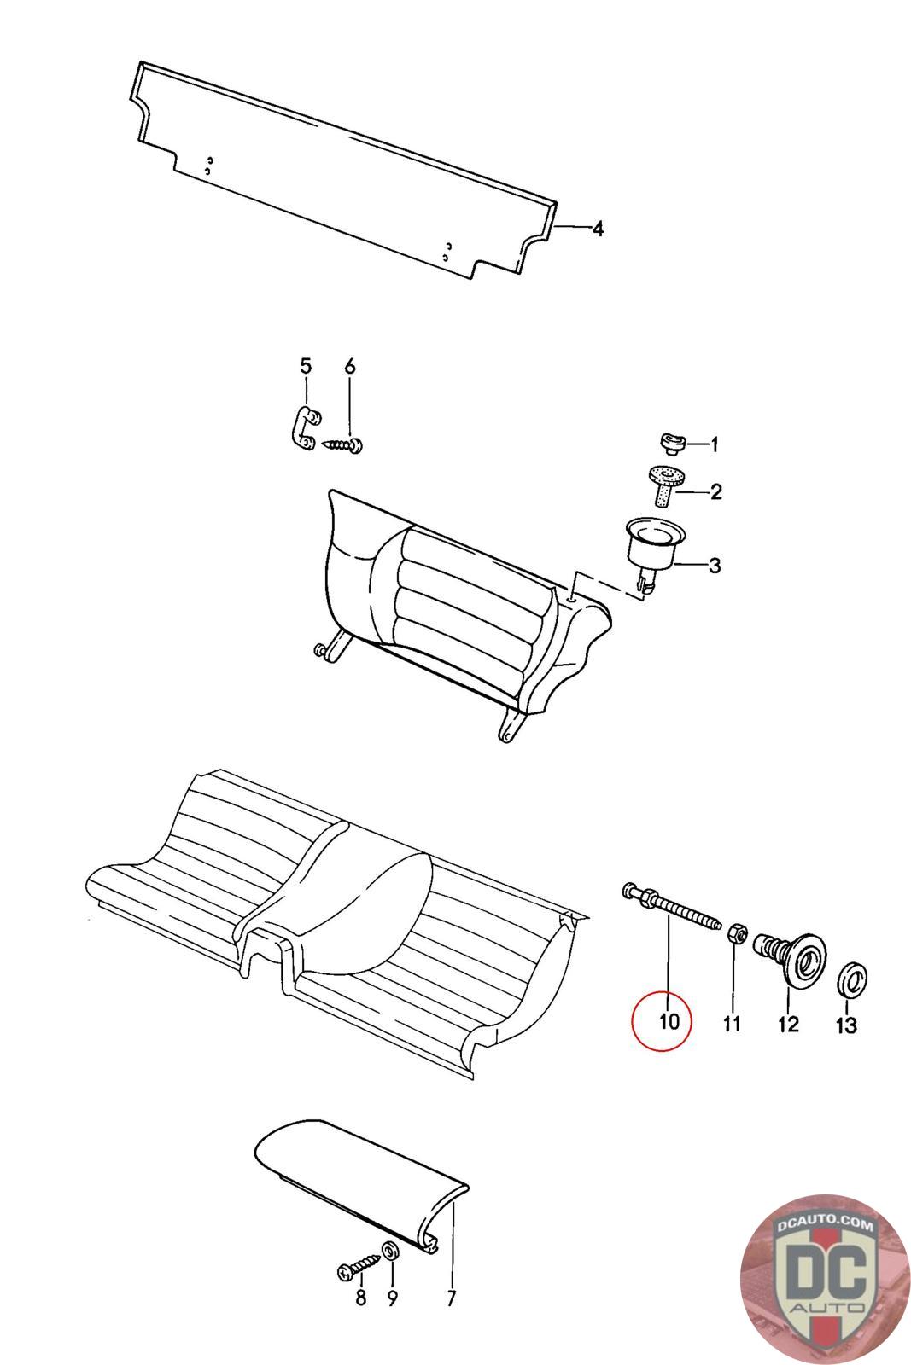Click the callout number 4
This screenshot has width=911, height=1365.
[x=598, y=229]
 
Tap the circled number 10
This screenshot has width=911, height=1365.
[x=669, y=1020]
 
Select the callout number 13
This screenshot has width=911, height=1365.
[x=846, y=1025]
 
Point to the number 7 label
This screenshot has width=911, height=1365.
[x=451, y=1298]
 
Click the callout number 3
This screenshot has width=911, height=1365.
[x=715, y=565]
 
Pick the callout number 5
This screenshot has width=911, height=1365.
[x=306, y=367]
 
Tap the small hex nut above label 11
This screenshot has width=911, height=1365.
[x=733, y=934]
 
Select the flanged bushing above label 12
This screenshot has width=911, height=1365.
[x=794, y=957]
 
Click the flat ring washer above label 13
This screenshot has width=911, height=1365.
[x=850, y=979]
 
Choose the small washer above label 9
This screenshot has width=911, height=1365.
[x=389, y=1251]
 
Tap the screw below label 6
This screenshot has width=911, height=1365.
[x=344, y=444]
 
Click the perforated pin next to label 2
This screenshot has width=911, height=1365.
[x=666, y=485]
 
